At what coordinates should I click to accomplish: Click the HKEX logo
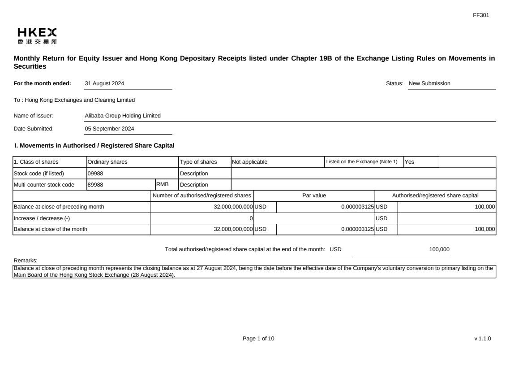[x=37, y=36]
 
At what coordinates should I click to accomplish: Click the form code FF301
[x=481, y=15]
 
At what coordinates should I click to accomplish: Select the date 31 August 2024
[x=104, y=83]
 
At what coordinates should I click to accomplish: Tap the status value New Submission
[x=429, y=83]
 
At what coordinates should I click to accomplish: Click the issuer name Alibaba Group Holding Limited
[x=123, y=116]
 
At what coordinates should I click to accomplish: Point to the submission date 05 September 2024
[x=109, y=129]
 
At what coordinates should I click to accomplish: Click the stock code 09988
[x=95, y=174]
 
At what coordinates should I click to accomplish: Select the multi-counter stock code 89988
[x=95, y=185]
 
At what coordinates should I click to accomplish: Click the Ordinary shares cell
[x=107, y=162]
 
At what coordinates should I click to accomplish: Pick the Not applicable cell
[x=250, y=162]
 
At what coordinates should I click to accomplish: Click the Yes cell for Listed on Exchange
[x=410, y=162]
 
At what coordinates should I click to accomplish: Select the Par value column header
[x=314, y=196]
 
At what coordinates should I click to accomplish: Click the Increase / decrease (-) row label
[x=42, y=218]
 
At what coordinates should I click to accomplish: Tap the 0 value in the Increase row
[x=251, y=218]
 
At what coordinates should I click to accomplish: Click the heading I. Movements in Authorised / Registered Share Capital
[x=94, y=145]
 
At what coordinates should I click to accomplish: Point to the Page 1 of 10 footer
[x=258, y=339]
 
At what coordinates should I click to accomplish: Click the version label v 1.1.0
[x=482, y=339]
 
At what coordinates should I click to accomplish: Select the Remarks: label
[x=26, y=260]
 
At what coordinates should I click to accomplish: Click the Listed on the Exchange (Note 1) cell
[x=362, y=162]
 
